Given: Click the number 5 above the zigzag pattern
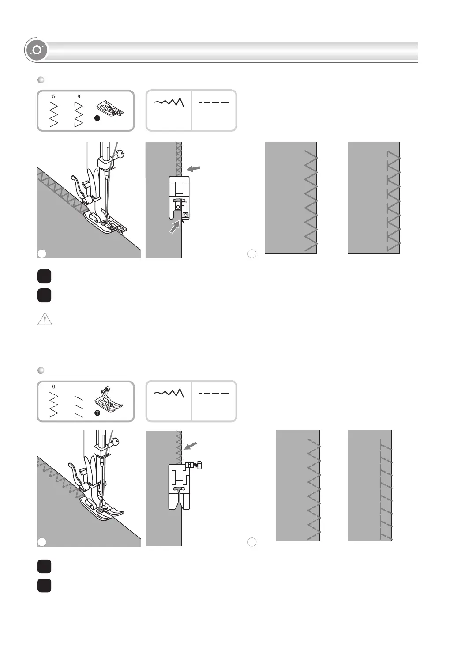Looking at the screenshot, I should (54, 96).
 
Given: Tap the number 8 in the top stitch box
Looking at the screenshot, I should (79, 96).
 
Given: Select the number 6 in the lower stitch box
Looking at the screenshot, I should (54, 387).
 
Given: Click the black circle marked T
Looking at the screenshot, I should (97, 413).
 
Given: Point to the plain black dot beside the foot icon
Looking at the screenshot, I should (97, 118).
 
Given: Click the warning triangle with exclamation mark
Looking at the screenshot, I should (45, 319).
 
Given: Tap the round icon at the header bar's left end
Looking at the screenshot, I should (36, 50).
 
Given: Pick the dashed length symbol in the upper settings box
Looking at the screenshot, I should (214, 102).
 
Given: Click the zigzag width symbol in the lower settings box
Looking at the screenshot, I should (169, 393).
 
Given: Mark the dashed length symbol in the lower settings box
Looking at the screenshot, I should (214, 393).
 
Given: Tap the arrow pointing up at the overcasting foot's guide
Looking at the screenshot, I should (175, 227).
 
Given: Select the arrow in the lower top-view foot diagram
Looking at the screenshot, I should (190, 446).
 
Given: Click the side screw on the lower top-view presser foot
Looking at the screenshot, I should (199, 465).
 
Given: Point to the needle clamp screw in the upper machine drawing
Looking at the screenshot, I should (120, 155).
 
